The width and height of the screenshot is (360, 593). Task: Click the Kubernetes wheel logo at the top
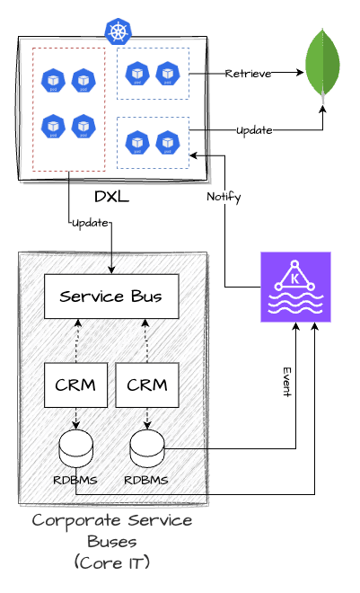click(x=119, y=31)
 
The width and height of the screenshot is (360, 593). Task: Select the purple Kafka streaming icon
click(x=295, y=287)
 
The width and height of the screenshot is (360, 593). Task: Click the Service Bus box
click(x=111, y=296)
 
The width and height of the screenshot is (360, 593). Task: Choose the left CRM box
click(x=75, y=385)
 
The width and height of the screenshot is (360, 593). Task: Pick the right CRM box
click(x=147, y=385)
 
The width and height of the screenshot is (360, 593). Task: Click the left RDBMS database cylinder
click(x=76, y=448)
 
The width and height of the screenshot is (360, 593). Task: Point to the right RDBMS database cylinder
click(x=147, y=448)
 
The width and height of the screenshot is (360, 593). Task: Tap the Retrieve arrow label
click(x=248, y=74)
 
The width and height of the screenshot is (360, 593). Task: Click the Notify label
click(x=224, y=197)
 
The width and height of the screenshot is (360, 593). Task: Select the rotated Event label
click(x=287, y=382)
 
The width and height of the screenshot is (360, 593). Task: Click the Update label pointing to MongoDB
click(x=254, y=130)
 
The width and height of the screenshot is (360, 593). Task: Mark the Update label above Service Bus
click(x=90, y=223)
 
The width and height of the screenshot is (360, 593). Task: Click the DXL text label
click(x=112, y=197)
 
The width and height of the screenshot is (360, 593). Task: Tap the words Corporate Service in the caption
click(x=112, y=521)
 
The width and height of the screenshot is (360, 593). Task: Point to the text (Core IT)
click(x=112, y=562)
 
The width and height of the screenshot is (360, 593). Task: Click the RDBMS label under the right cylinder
click(x=146, y=481)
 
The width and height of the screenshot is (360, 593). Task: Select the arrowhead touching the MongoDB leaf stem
click(x=322, y=110)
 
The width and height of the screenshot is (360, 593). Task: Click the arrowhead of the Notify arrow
click(x=193, y=155)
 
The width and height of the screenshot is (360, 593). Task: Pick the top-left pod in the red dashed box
click(x=53, y=80)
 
